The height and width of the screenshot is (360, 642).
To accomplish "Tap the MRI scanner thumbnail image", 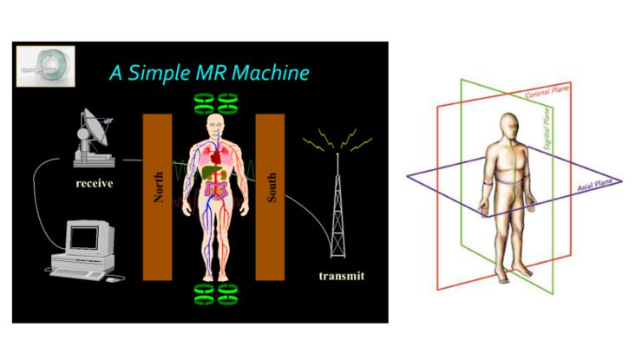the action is (x=47, y=66).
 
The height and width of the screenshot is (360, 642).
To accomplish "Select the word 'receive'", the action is (x=97, y=184).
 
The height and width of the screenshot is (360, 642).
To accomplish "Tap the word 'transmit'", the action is (x=341, y=277).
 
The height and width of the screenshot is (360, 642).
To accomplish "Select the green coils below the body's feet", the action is (x=214, y=294).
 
